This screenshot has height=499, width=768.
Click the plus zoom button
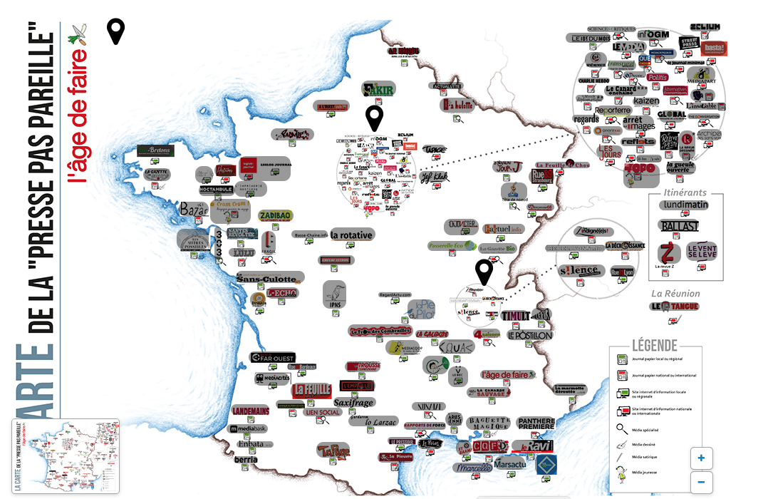(x=702, y=458)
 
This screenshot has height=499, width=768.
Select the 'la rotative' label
(x=351, y=235)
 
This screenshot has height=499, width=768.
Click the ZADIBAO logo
(x=276, y=215)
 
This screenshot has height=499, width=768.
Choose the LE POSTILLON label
(x=529, y=334)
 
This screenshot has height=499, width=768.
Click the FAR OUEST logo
(x=273, y=357)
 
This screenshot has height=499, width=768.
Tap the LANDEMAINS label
(x=250, y=411)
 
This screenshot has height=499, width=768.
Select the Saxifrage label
(x=353, y=403)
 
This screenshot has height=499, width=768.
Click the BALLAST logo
(x=678, y=226)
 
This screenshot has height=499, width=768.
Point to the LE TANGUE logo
(x=674, y=307)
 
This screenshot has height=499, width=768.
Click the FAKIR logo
(x=378, y=90)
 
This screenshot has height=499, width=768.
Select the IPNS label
(x=335, y=304)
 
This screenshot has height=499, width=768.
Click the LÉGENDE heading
(x=655, y=346)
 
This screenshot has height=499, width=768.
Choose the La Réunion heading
(x=675, y=293)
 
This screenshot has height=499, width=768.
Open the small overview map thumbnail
(x=65, y=456)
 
